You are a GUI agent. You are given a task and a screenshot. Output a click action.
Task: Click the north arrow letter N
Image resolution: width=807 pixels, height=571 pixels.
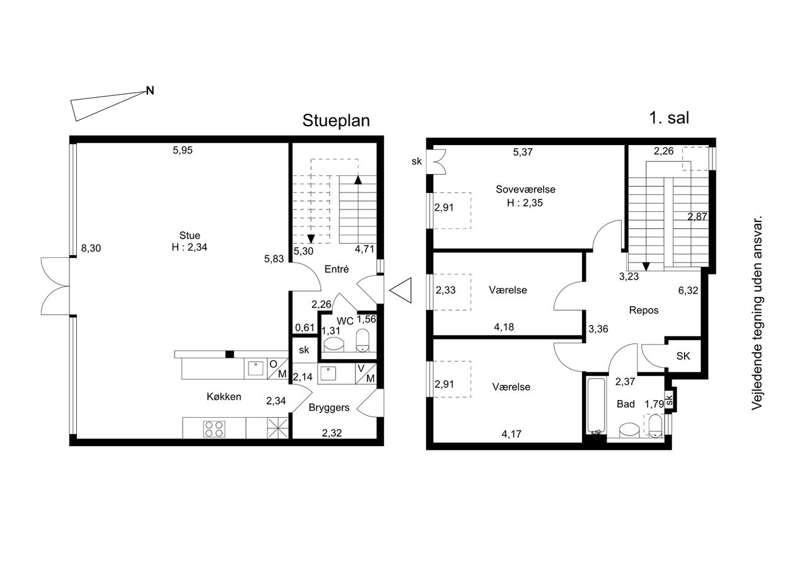(150, 90)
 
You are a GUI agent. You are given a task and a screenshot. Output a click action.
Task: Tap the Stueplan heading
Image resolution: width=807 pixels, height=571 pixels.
(336, 121)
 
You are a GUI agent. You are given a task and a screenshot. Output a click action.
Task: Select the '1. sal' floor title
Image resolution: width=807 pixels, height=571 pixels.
(669, 118)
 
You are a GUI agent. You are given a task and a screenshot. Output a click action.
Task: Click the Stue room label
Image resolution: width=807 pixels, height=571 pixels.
(190, 235)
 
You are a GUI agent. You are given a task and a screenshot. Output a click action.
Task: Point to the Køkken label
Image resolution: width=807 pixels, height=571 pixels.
(224, 396)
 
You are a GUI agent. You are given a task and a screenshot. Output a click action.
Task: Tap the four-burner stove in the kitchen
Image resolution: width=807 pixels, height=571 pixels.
(215, 428)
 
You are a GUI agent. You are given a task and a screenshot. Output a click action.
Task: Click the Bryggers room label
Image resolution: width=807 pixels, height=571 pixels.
(329, 408)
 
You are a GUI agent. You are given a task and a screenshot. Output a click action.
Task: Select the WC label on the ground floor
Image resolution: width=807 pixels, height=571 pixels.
(345, 321)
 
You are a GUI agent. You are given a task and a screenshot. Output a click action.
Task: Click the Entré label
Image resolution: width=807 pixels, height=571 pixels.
(337, 269)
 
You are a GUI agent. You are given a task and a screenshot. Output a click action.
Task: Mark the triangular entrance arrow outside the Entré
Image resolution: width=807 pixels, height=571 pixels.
(400, 290)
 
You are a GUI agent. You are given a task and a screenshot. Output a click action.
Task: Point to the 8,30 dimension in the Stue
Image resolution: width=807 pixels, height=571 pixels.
(91, 248)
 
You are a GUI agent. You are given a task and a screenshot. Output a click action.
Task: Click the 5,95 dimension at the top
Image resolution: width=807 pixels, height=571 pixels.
(183, 150)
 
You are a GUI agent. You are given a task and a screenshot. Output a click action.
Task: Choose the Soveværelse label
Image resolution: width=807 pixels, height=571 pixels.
(525, 189)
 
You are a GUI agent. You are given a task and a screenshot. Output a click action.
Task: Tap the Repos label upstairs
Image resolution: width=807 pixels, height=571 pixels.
(644, 310)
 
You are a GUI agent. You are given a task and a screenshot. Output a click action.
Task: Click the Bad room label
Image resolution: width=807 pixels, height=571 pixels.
(625, 404)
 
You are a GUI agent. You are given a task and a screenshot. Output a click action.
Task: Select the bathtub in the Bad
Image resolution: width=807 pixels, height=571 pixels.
(596, 406)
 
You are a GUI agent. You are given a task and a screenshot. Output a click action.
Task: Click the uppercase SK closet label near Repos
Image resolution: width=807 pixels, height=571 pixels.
(683, 356)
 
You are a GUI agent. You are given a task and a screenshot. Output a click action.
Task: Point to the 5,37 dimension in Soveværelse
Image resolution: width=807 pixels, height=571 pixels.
(523, 152)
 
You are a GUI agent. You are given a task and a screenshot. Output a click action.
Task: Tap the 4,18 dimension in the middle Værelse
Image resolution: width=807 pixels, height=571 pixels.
(504, 327)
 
